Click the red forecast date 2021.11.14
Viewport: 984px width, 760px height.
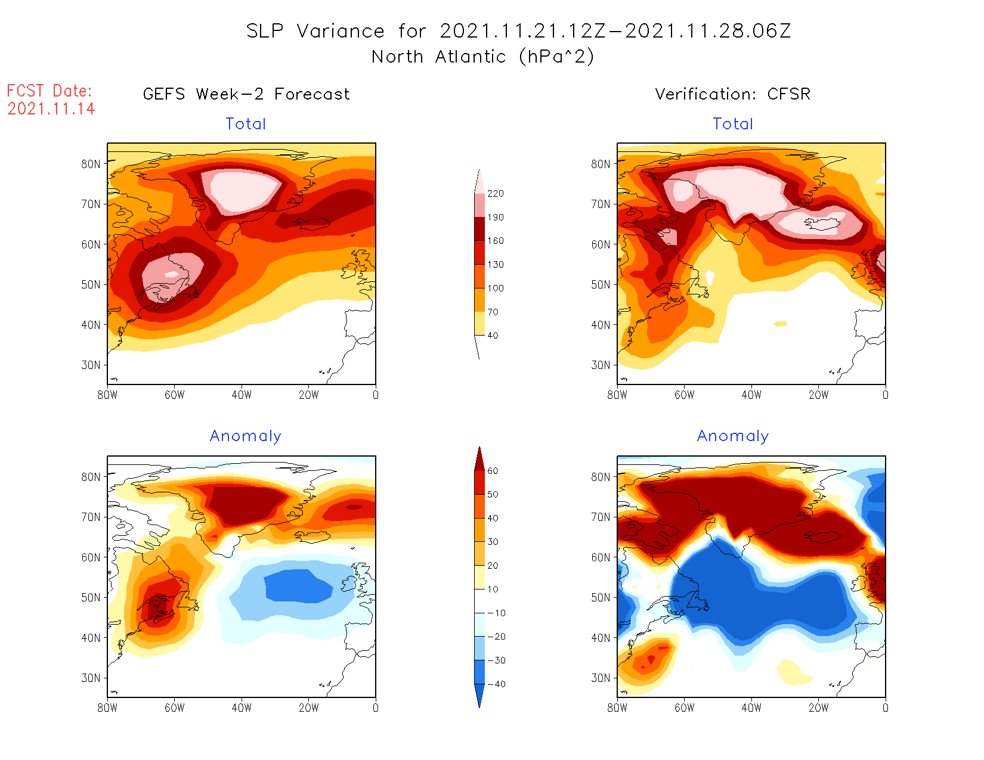pyautogui.click(x=51, y=109)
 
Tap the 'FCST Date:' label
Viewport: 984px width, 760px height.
pyautogui.click(x=49, y=91)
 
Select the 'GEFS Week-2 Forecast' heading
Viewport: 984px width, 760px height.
pyautogui.click(x=246, y=94)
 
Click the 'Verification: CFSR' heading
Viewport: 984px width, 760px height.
pyautogui.click(x=732, y=94)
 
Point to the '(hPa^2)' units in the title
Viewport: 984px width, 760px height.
pyautogui.click(x=556, y=57)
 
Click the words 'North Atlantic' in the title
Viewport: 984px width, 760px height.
pyautogui.click(x=440, y=57)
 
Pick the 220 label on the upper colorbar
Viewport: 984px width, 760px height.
pyautogui.click(x=495, y=194)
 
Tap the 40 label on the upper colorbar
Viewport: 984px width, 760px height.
pyautogui.click(x=493, y=336)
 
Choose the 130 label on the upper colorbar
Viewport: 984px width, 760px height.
pyautogui.click(x=495, y=265)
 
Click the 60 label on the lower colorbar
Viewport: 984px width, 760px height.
pyautogui.click(x=493, y=471)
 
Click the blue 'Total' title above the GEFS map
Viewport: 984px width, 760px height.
pyautogui.click(x=246, y=124)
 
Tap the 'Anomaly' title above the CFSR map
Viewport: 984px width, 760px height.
pyautogui.click(x=733, y=436)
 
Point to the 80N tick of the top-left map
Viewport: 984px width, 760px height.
pyautogui.click(x=91, y=164)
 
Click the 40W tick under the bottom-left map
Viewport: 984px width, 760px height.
pyautogui.click(x=242, y=708)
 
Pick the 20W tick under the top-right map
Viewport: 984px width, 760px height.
pyautogui.click(x=818, y=395)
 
